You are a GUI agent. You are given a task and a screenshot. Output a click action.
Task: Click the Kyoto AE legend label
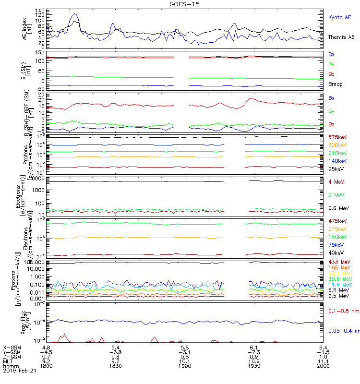tap(339, 18)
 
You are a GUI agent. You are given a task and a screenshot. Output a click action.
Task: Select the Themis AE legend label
tap(341, 37)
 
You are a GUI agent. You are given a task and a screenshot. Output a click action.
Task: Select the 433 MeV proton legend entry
tap(337, 261)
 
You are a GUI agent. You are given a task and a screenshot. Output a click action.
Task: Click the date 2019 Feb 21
tap(20, 371)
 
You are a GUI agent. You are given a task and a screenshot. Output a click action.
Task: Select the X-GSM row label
tap(12, 347)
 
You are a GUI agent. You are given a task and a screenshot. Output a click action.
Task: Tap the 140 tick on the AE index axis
tap(40, 11)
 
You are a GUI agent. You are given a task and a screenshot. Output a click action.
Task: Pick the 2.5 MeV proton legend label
tap(337, 296)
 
